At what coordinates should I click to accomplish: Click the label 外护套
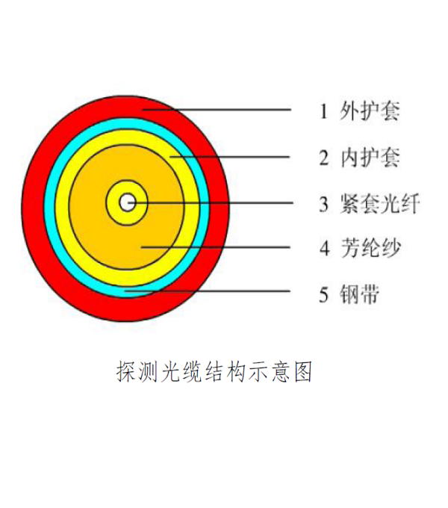pyautogui.click(x=370, y=111)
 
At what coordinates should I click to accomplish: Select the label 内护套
pyautogui.click(x=370, y=158)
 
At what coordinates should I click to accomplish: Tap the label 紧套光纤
pyautogui.click(x=380, y=204)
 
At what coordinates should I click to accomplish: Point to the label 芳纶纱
pyautogui.click(x=371, y=248)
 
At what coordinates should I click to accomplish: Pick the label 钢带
pyautogui.click(x=359, y=294)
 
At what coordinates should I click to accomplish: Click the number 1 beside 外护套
pyautogui.click(x=324, y=111)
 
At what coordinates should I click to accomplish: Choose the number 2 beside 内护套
pyautogui.click(x=324, y=158)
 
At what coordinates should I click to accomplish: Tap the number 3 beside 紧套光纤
pyautogui.click(x=324, y=204)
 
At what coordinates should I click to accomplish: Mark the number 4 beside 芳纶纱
pyautogui.click(x=325, y=248)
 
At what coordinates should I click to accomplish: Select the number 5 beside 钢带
pyautogui.click(x=324, y=294)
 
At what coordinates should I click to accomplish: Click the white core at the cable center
pyautogui.click(x=127, y=202)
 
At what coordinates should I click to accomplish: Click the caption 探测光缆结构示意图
pyautogui.click(x=214, y=371)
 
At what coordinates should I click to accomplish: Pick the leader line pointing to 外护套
pyautogui.click(x=217, y=110)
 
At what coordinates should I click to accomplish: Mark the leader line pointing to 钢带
pyautogui.click(x=207, y=291)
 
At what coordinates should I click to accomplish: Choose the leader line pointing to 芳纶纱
pyautogui.click(x=216, y=247)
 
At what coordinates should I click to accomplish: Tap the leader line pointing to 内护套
pyautogui.click(x=229, y=157)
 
